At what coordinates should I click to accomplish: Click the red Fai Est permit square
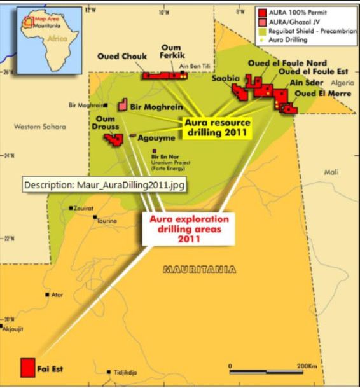pyautogui.click(x=27, y=367)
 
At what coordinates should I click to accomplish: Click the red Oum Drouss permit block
pyautogui.click(x=113, y=139)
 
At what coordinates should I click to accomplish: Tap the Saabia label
pyautogui.click(x=227, y=78)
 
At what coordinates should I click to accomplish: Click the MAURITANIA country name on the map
pyautogui.click(x=200, y=270)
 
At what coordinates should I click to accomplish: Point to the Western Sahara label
pyautogui.click(x=39, y=127)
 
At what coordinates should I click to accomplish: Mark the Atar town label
pyautogui.click(x=57, y=295)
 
